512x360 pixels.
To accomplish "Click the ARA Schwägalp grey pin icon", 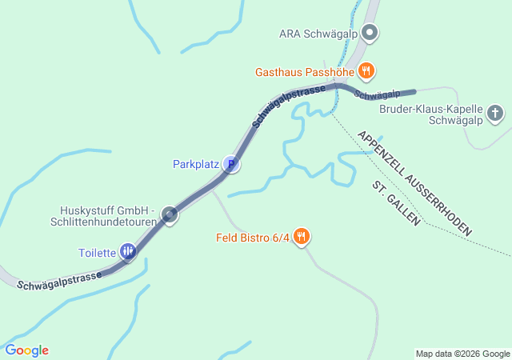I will click(370, 34).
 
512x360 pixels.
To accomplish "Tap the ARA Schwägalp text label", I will click(318, 34).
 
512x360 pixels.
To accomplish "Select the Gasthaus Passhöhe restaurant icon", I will click(366, 71).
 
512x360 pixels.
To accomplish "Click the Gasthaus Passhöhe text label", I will click(305, 72).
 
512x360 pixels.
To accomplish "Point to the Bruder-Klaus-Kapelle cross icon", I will click(496, 113).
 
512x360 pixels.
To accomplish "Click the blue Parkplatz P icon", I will click(231, 165).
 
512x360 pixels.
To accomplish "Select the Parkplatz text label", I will click(195, 165).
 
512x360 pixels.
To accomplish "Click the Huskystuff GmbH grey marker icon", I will click(170, 214).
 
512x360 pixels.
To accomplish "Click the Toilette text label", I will click(97, 254).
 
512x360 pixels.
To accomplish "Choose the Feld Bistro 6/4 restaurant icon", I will click(302, 237).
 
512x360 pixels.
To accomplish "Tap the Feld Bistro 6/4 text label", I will click(253, 238).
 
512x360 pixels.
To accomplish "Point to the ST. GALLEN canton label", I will click(396, 203).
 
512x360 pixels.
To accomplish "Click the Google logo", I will click(26, 350).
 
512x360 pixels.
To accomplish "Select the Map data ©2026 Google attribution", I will click(462, 354).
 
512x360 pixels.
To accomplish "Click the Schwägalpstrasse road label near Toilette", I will click(59, 280).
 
